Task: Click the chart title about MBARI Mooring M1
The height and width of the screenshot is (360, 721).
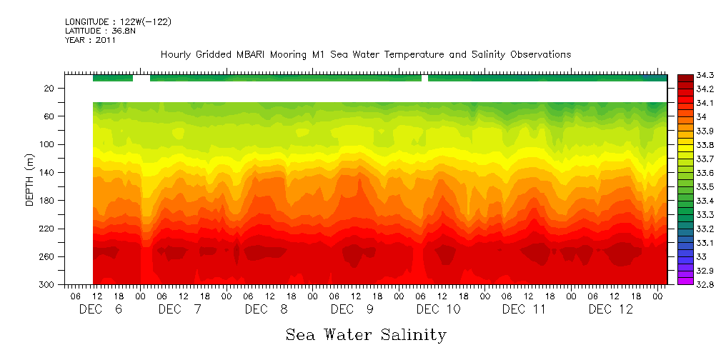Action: [x=365, y=54]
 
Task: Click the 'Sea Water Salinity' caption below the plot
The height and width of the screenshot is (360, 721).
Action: [x=366, y=334]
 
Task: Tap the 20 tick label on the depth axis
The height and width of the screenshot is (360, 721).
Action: [x=50, y=89]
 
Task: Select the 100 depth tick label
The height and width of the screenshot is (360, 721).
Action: [x=48, y=145]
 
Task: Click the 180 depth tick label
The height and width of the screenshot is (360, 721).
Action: [x=48, y=201]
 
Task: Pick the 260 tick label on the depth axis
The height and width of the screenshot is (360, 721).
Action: [x=48, y=257]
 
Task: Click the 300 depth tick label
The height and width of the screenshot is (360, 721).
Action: [x=48, y=285]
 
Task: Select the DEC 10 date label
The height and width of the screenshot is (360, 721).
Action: [x=438, y=309]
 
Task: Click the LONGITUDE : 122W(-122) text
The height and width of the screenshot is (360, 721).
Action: [x=118, y=22]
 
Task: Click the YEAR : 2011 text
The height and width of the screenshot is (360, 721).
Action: [x=90, y=41]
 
